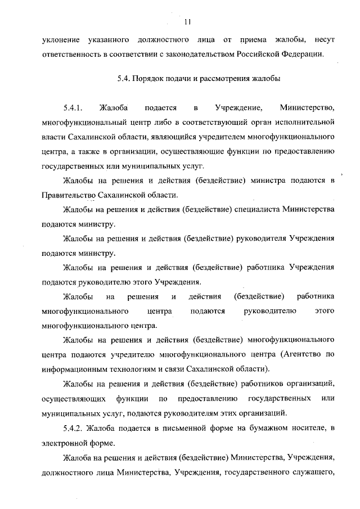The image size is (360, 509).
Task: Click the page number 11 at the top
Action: tap(187, 22)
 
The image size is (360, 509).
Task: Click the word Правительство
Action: tap(69, 195)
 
